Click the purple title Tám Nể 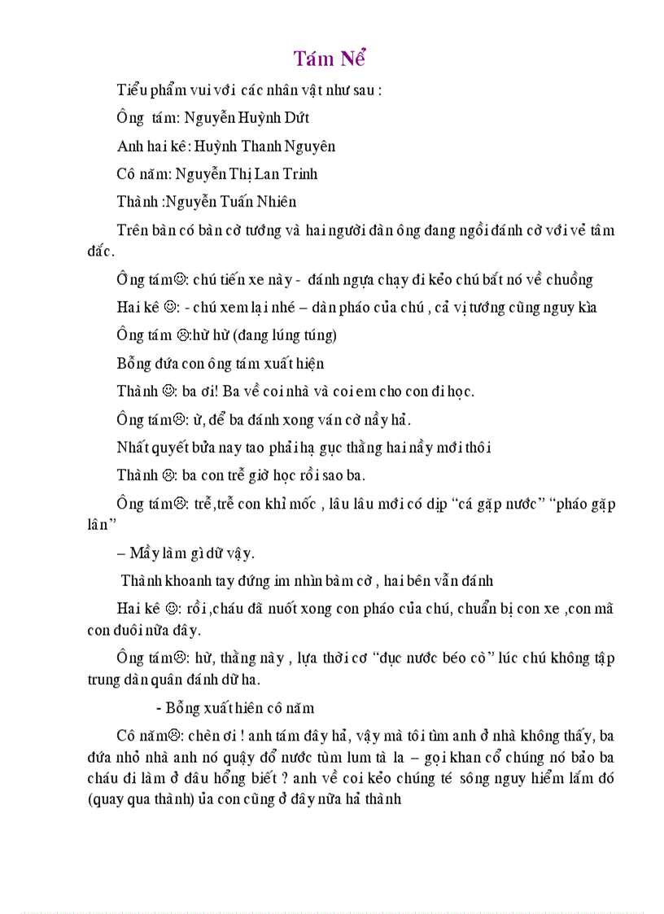point(330,59)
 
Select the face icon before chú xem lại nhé point(171,308)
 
